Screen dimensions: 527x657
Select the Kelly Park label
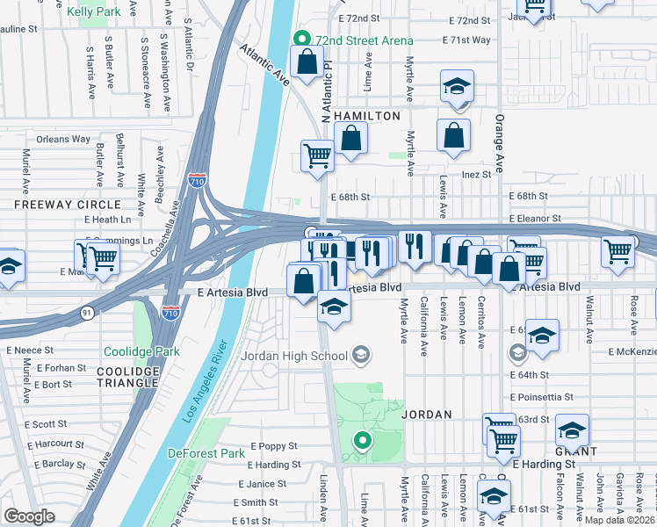(x=93, y=11)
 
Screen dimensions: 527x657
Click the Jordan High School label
(x=293, y=356)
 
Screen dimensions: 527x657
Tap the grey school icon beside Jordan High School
(x=360, y=356)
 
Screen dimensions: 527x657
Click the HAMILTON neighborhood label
(x=367, y=116)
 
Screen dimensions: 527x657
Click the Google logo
(x=29, y=516)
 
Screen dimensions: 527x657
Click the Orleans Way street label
(x=63, y=139)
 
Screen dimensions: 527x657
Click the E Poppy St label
(x=274, y=446)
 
